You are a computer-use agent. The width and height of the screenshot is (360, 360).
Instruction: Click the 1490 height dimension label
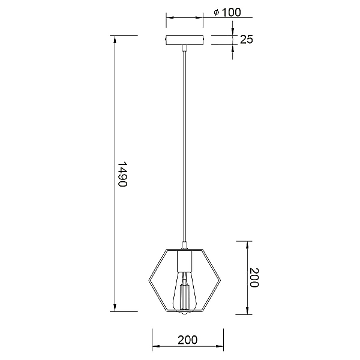[122, 175]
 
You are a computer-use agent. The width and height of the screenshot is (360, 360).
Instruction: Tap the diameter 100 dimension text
[227, 12]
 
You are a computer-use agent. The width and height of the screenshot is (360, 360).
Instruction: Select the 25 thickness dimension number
[247, 39]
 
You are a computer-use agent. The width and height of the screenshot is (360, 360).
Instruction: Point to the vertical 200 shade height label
[254, 278]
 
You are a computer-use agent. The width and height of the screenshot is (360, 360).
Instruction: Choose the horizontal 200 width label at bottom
[188, 340]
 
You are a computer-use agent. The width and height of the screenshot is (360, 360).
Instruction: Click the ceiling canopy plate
[185, 40]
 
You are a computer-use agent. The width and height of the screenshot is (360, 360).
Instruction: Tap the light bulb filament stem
[184, 297]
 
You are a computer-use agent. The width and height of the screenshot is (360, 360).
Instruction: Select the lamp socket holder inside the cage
[184, 261]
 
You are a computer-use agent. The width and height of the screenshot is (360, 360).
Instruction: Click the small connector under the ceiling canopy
[185, 48]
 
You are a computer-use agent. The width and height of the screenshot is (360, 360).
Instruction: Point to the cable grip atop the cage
[184, 245]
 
